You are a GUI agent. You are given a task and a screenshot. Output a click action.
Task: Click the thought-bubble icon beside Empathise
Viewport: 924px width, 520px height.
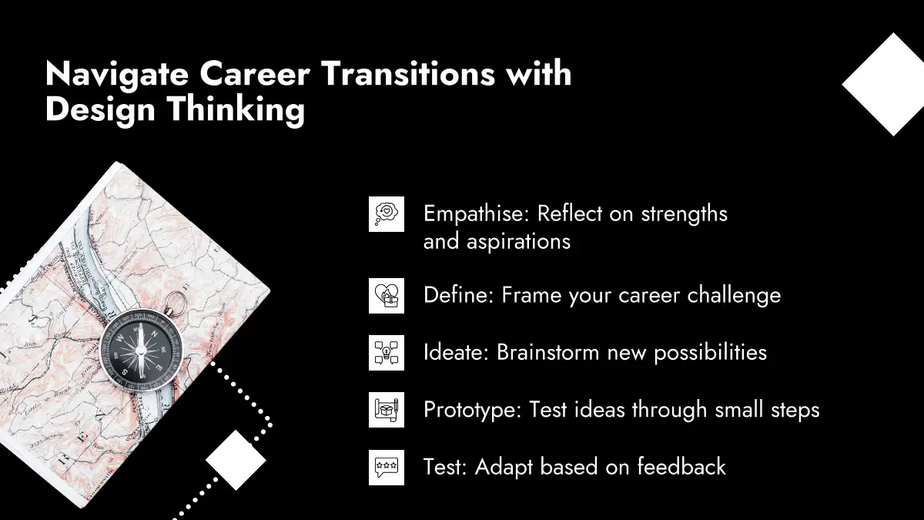click(x=387, y=214)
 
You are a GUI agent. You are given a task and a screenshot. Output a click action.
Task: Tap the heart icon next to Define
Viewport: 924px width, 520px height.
click(x=387, y=296)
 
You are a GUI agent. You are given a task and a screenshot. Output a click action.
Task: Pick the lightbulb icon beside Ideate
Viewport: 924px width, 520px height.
click(x=387, y=353)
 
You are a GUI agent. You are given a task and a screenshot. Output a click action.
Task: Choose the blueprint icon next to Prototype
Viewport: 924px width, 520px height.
click(x=387, y=409)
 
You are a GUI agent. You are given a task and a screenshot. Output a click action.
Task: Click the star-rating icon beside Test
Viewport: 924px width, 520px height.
click(x=387, y=467)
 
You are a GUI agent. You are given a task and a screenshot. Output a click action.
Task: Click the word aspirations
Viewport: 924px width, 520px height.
click(x=518, y=242)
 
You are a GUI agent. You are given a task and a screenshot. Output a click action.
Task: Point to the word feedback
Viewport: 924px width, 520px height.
click(x=681, y=466)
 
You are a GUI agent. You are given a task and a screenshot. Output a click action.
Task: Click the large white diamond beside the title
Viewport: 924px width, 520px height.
click(x=887, y=84)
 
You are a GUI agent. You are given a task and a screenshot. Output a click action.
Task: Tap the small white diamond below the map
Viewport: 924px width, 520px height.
click(x=236, y=460)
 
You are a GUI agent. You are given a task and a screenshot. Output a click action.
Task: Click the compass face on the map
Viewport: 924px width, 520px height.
click(x=141, y=351)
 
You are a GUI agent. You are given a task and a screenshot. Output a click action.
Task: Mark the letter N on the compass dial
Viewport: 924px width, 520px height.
click(x=155, y=334)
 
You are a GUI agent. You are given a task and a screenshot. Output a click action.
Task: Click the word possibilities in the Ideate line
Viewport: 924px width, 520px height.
click(x=710, y=353)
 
